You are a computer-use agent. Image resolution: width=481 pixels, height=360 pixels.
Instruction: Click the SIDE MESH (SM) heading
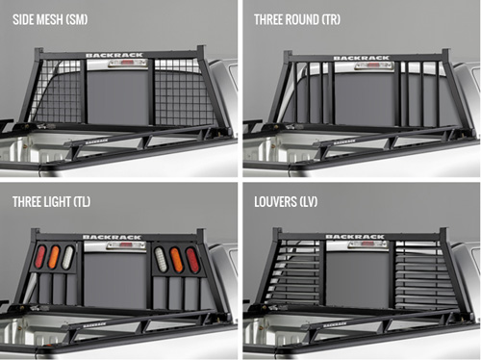(50, 19)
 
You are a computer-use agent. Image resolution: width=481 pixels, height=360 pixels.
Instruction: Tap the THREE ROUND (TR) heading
(297, 19)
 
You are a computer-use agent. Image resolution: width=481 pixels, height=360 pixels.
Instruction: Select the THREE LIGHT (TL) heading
(51, 202)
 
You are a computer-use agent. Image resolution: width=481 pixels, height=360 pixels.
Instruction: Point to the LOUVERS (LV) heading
(286, 202)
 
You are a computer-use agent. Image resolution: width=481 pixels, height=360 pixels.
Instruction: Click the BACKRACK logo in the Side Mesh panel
(114, 55)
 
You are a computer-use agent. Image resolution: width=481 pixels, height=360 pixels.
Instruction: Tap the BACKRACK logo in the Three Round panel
(362, 58)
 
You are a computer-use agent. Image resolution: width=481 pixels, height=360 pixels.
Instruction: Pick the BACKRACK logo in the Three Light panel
(112, 237)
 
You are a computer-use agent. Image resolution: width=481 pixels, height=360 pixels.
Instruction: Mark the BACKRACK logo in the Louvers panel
(355, 237)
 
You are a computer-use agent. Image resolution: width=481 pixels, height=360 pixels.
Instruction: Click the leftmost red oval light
(40, 257)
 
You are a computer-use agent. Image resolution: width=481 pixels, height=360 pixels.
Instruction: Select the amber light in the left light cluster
(54, 257)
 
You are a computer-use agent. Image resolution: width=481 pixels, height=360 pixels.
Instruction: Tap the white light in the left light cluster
(68, 257)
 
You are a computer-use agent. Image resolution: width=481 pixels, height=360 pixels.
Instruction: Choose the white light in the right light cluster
(161, 260)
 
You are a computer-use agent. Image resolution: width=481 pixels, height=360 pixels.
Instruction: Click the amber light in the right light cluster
(176, 260)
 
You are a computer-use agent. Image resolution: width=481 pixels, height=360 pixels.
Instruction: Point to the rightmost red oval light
(191, 260)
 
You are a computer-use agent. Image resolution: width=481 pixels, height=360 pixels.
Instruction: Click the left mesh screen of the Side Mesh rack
(58, 91)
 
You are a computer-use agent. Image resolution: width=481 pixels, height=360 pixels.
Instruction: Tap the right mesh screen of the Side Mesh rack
(184, 92)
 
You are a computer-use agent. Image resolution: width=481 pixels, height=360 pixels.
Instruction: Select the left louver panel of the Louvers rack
(294, 272)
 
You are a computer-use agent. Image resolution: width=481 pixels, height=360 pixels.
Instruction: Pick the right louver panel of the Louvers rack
(424, 275)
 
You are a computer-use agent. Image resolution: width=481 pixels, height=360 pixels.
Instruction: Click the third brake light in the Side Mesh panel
(127, 64)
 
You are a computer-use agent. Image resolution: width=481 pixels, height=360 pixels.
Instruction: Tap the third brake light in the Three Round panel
(375, 65)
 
